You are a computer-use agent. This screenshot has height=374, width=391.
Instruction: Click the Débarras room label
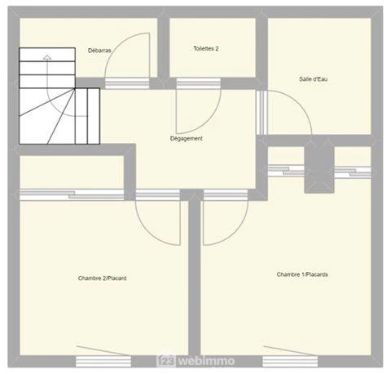(99, 51)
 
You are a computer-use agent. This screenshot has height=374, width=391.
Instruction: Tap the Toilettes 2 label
(206, 49)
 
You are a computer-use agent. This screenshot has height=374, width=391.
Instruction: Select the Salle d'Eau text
(313, 79)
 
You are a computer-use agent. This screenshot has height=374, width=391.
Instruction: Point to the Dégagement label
(187, 139)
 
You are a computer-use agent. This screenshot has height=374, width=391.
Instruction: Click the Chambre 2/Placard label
(102, 278)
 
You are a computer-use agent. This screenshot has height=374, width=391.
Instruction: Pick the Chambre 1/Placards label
(302, 274)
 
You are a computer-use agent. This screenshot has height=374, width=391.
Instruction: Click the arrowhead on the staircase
(47, 57)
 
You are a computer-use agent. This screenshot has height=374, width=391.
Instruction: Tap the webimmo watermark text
(207, 361)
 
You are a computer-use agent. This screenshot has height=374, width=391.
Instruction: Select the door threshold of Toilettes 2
(199, 84)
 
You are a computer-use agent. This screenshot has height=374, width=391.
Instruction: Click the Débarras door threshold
(127, 83)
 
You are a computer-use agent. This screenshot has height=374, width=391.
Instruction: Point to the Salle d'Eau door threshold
(262, 113)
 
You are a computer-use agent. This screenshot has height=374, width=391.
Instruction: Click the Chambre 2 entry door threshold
(158, 195)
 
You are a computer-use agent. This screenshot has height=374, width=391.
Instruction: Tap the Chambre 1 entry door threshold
(226, 195)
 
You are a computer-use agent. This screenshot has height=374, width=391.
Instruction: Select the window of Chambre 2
(103, 362)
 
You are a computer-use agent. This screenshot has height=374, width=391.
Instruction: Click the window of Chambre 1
(290, 362)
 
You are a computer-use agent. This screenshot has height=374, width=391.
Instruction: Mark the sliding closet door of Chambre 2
(72, 195)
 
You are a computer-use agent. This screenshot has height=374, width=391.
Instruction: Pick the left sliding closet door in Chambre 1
(286, 171)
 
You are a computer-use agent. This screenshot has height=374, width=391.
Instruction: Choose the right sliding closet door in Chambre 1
(353, 172)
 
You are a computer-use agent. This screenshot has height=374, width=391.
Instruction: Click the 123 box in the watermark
(166, 361)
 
